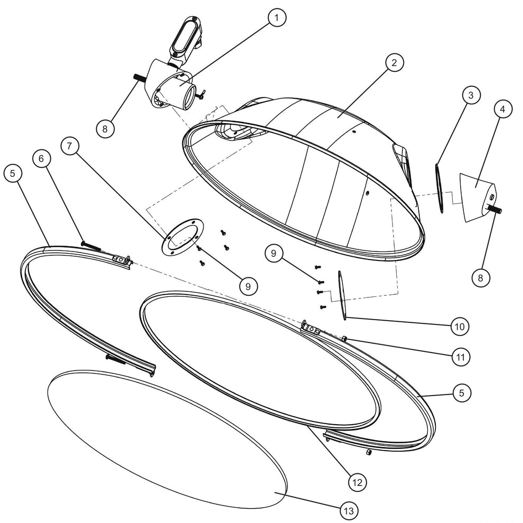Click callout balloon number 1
276,17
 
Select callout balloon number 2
395,62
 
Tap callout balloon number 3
471,96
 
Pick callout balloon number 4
502,109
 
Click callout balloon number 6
41,158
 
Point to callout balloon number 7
69,146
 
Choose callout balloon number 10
460,326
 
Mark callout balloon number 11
461,357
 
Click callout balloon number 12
357,482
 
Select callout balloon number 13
349,511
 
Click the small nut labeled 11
344,339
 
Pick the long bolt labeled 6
91,246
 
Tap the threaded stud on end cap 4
495,209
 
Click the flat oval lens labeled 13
167,440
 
